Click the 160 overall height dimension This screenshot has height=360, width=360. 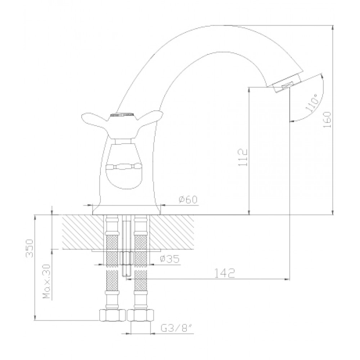[327, 120]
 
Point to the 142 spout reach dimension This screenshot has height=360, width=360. [225, 273]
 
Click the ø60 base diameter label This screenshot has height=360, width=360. [188, 199]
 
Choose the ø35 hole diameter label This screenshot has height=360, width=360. [170, 259]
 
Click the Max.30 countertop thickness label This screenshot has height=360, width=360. [46, 282]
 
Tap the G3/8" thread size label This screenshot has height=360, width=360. [176, 329]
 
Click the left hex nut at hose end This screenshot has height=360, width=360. [112, 315]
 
